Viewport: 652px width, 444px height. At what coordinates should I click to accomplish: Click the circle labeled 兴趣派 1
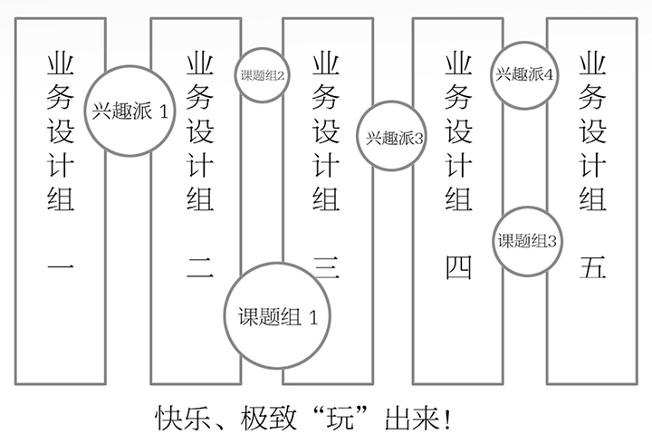[x=130, y=111]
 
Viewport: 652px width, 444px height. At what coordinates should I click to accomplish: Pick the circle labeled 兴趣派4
[x=523, y=74]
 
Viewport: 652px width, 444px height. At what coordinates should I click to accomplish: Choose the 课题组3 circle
[x=526, y=241]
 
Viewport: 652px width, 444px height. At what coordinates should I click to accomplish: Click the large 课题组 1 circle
[x=278, y=317]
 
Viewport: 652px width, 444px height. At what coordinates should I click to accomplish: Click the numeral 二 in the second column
[x=199, y=266]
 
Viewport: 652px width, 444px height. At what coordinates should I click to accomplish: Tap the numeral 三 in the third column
[x=326, y=266]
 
